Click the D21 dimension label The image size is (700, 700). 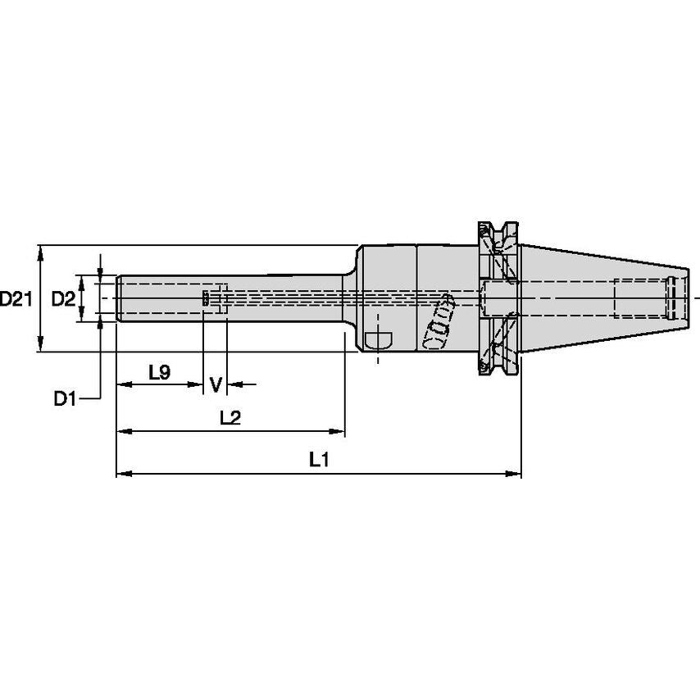click(16, 299)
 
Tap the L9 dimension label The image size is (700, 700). click(159, 372)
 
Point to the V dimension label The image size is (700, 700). click(216, 384)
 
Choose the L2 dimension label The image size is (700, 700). click(230, 418)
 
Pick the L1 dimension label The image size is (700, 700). click(318, 461)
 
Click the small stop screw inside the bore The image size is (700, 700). click(206, 298)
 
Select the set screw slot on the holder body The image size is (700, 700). click(379, 339)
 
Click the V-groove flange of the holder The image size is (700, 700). click(498, 299)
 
